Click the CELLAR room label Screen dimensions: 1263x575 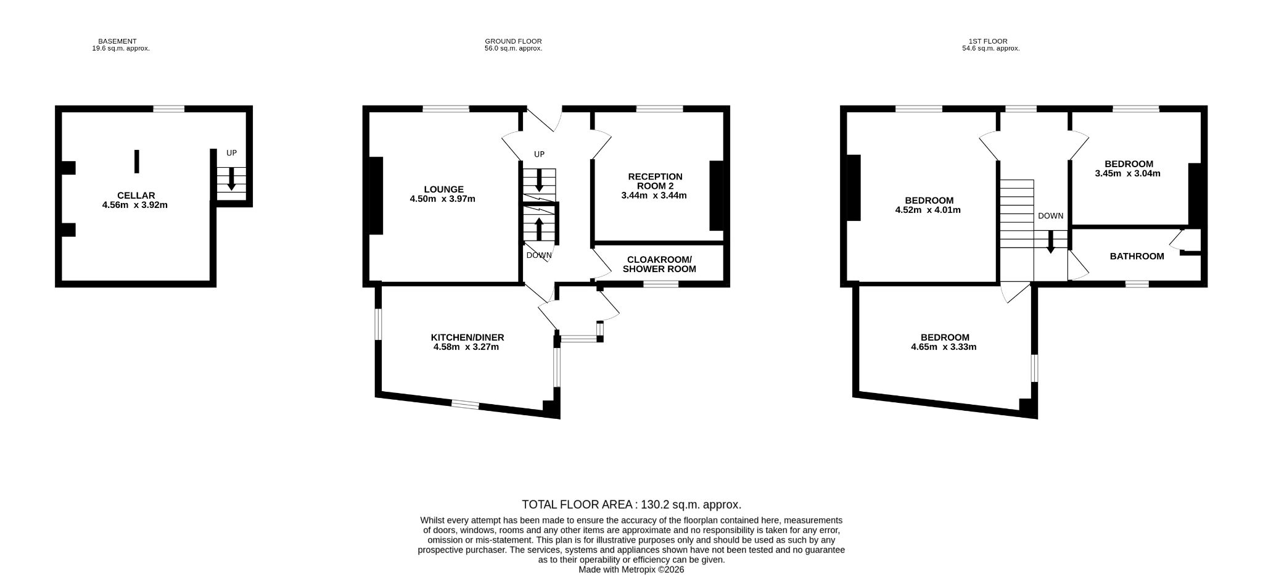click(136, 196)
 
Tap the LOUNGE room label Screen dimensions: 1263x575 click(443, 189)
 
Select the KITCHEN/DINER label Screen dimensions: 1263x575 click(467, 337)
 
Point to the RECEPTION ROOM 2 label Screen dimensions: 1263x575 click(655, 181)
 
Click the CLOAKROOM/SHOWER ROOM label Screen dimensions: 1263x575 click(659, 264)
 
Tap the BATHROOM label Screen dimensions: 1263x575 click(1137, 256)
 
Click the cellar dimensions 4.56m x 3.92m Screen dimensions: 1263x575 click(135, 205)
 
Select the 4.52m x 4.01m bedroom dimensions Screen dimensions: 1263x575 click(928, 210)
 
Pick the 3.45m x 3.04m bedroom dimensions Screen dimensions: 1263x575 click(1127, 173)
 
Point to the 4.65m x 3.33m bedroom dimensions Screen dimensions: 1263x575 click(944, 347)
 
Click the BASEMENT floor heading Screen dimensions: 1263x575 click(117, 41)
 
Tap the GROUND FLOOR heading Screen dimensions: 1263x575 click(513, 41)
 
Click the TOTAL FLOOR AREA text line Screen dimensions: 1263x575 click(631, 505)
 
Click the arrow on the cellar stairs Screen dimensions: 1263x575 click(232, 179)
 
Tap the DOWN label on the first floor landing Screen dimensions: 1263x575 click(1051, 216)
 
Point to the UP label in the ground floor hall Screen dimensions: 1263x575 click(539, 154)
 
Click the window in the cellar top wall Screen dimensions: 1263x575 click(169, 109)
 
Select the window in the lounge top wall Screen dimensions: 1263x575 click(446, 109)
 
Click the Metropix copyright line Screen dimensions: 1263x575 click(631, 570)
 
